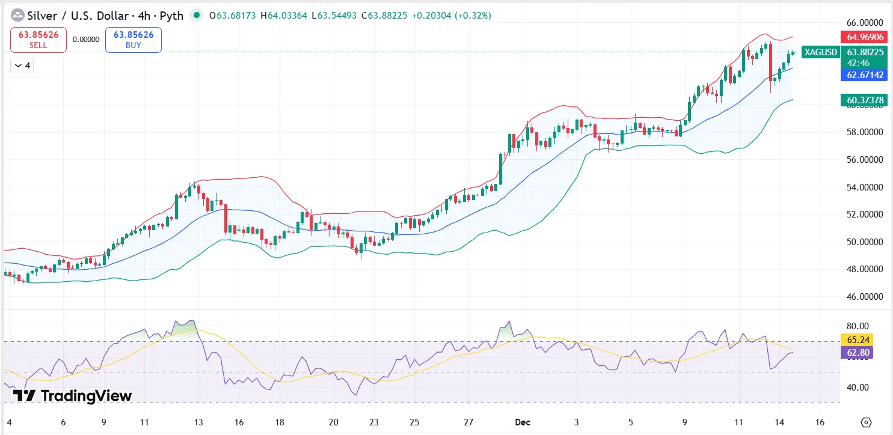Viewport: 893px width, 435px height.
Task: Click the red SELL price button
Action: click(37, 40)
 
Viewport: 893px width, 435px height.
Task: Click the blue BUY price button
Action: click(133, 40)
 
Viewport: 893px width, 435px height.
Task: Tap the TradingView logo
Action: click(72, 395)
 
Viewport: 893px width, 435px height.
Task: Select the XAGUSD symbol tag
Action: click(821, 52)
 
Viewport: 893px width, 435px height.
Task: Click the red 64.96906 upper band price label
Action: click(865, 37)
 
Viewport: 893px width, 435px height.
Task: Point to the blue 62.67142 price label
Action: click(865, 75)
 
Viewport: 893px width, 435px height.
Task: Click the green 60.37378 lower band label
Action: click(865, 100)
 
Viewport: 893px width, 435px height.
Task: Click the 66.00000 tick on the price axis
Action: click(865, 22)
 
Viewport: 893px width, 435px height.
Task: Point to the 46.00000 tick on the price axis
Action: click(865, 297)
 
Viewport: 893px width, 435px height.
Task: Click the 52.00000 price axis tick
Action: click(865, 214)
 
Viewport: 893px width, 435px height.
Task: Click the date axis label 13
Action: click(198, 421)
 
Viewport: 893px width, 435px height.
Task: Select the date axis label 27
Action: click(469, 421)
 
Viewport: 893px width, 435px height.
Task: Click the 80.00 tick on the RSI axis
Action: click(858, 326)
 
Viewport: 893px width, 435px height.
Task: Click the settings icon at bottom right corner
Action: click(866, 421)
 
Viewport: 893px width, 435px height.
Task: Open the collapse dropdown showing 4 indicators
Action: click(22, 65)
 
